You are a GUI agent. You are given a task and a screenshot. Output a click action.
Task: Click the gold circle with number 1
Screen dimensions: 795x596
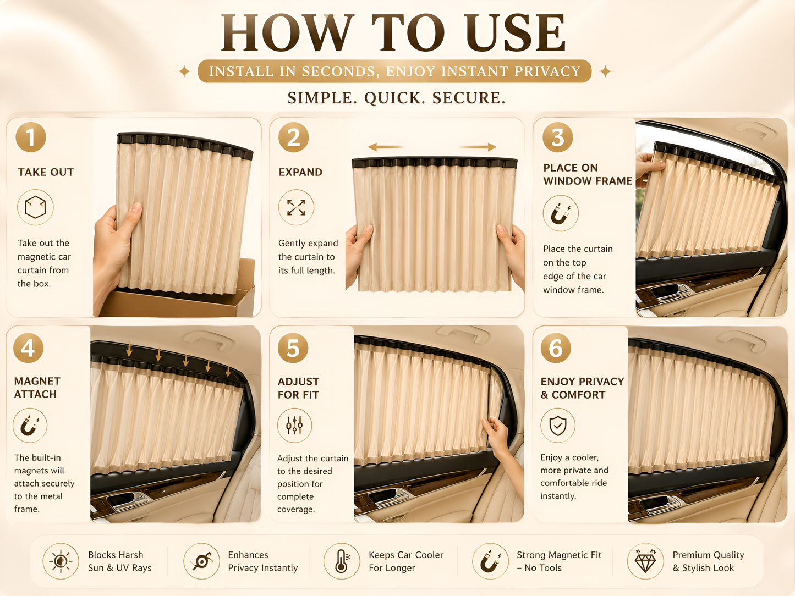pyautogui.click(x=31, y=137)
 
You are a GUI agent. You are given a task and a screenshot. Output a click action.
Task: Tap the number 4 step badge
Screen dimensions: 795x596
pyautogui.click(x=28, y=347)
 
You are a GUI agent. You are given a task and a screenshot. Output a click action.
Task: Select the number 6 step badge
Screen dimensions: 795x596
pyautogui.click(x=556, y=347)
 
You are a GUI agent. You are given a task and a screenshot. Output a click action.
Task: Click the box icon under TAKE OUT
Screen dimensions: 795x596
pyautogui.click(x=35, y=207)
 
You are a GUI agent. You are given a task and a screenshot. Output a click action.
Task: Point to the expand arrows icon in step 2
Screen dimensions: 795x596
pyautogui.click(x=296, y=207)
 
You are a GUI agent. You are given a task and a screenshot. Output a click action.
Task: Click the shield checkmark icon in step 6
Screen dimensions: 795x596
pyautogui.click(x=558, y=425)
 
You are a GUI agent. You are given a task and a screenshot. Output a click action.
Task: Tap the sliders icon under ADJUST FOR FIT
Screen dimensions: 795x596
pyautogui.click(x=294, y=425)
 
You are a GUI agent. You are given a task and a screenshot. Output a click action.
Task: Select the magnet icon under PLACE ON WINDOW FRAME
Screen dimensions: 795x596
pyautogui.click(x=560, y=213)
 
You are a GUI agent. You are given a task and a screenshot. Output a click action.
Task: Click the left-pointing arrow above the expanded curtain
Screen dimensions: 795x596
pyautogui.click(x=385, y=147)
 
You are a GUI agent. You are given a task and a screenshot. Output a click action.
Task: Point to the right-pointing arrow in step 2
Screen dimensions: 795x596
pyautogui.click(x=478, y=147)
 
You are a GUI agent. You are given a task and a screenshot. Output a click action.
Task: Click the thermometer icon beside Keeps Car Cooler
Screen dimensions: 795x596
pyautogui.click(x=342, y=561)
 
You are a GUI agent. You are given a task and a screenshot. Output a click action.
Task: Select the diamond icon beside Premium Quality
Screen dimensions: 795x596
pyautogui.click(x=645, y=561)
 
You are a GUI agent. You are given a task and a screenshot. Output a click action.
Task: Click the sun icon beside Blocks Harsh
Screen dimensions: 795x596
pyautogui.click(x=61, y=561)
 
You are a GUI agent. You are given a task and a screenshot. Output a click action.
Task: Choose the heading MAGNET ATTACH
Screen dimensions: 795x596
pyautogui.click(x=37, y=388)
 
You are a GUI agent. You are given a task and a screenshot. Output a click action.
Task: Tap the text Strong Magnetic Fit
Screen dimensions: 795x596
pyautogui.click(x=559, y=555)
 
